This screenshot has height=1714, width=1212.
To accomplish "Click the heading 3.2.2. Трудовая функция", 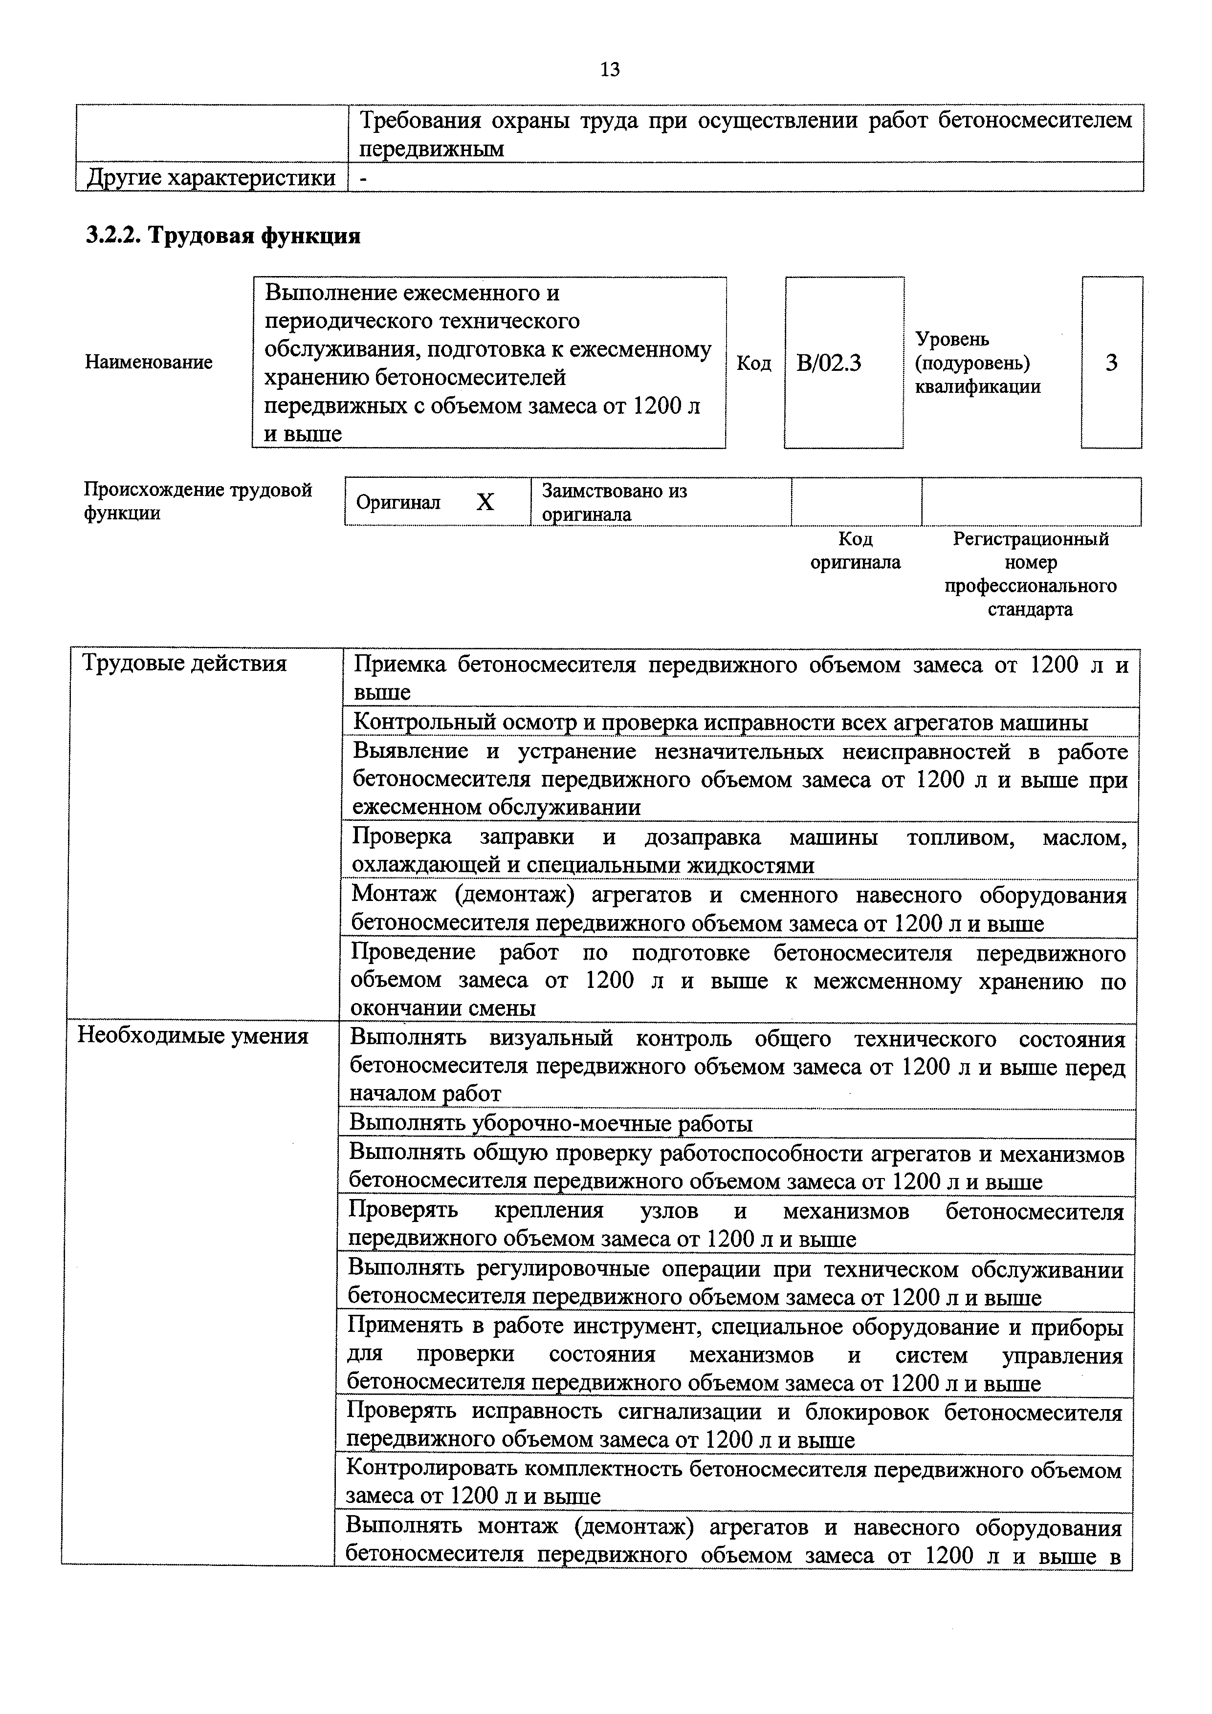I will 222,236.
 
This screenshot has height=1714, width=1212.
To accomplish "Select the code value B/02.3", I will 828,363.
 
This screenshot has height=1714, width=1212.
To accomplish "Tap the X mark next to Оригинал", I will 485,502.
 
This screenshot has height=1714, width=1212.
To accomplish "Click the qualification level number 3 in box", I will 1111,363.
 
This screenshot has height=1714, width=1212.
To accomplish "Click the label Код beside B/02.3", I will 753,363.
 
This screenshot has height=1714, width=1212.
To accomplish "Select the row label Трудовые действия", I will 184,663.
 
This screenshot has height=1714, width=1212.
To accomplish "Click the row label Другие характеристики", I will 211,178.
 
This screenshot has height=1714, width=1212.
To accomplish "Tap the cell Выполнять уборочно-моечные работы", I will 551,1123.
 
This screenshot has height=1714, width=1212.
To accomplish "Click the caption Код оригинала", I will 856,550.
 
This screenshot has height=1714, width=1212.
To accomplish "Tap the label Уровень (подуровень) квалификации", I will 977,363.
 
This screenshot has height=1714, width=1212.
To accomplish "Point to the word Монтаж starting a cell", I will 394,894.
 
